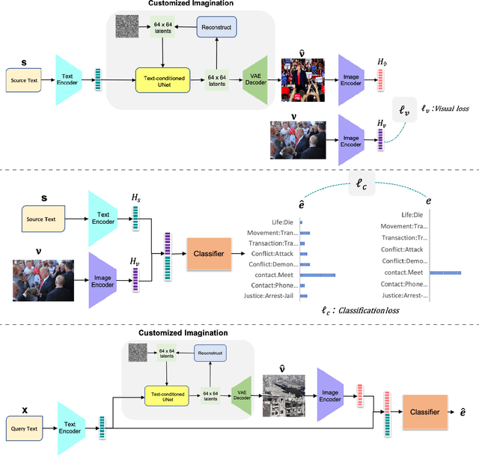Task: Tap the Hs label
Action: point(135,195)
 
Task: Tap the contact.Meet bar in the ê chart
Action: point(318,276)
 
